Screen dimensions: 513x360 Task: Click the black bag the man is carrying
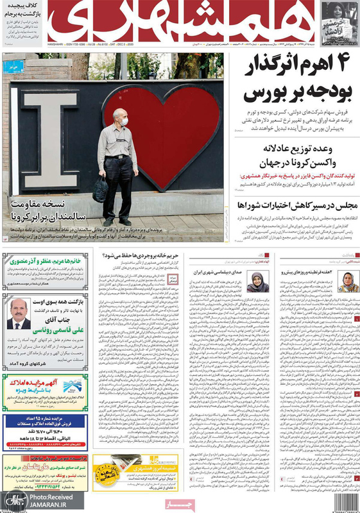pyautogui.click(x=100, y=189)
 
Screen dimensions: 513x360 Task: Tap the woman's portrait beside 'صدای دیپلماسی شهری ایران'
pyautogui.click(x=258, y=281)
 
